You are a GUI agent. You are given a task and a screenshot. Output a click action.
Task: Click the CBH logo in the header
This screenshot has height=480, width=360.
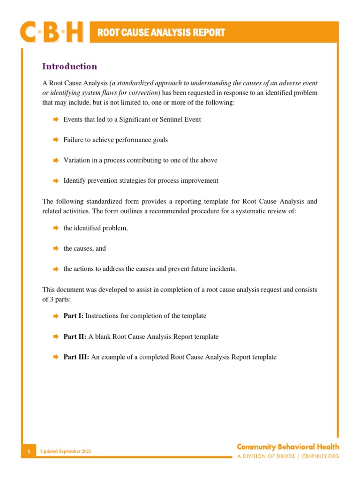pos(52,32)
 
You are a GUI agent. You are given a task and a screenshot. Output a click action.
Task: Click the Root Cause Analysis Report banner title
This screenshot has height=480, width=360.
pos(161,33)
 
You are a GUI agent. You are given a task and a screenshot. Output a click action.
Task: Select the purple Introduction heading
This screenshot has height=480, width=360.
pos(69,67)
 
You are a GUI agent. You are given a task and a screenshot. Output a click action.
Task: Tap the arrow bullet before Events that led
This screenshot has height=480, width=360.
pos(55,120)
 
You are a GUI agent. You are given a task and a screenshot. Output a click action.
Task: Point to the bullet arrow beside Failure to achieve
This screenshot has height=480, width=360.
pos(55,140)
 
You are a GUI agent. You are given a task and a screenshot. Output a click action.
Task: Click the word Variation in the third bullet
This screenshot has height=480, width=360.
pos(77,160)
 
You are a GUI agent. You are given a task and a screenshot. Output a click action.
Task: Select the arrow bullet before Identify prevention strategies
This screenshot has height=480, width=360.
pos(55,180)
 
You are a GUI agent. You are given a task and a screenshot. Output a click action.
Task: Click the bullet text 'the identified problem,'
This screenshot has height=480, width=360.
pos(96,228)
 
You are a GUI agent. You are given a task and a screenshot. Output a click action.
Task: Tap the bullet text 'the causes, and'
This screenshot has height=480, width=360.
pos(85,248)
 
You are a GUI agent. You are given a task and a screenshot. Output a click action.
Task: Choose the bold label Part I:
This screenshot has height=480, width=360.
pos(74,316)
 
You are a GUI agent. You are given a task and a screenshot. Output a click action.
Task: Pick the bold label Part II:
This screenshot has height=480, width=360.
pos(75,337)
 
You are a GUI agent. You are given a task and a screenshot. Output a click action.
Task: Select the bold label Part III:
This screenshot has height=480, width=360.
pos(76,357)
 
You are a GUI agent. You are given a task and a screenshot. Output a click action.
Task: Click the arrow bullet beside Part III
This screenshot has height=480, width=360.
pos(55,357)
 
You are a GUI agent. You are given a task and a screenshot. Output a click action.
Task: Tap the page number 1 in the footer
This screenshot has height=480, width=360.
pos(29,451)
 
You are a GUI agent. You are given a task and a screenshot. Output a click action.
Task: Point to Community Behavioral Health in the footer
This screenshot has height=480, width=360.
pos(287,447)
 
